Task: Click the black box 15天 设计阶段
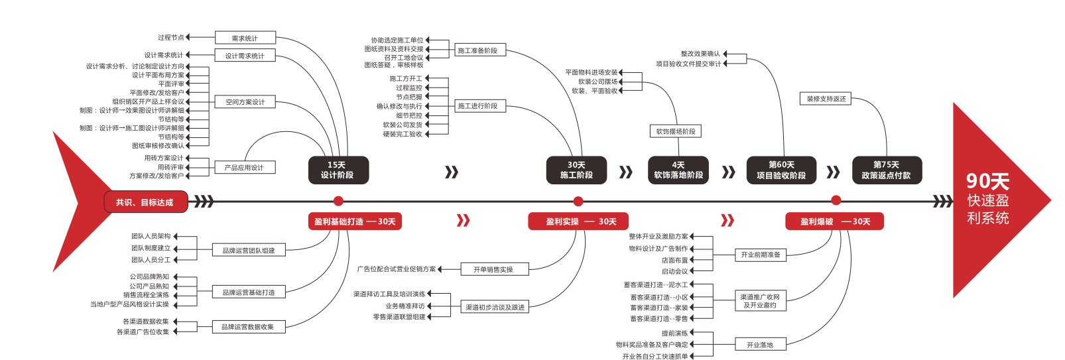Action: point(338,170)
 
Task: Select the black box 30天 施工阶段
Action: point(576,170)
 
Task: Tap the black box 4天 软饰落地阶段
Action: point(678,170)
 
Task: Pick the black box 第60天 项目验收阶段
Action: point(781,170)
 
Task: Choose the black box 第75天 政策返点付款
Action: point(886,170)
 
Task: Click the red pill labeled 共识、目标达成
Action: point(145,202)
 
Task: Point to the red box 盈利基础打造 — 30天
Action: point(355,221)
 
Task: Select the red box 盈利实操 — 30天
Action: point(578,221)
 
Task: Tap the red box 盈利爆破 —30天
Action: point(834,221)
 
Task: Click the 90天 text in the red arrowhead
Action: point(987,181)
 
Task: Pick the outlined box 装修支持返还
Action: point(826,99)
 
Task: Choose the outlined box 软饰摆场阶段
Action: point(675,131)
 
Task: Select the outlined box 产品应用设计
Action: point(244,168)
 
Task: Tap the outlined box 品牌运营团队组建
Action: point(248,251)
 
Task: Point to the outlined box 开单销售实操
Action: point(493,269)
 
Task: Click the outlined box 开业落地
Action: point(759,345)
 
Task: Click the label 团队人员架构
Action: point(151,236)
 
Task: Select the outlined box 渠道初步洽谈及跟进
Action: point(495,307)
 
